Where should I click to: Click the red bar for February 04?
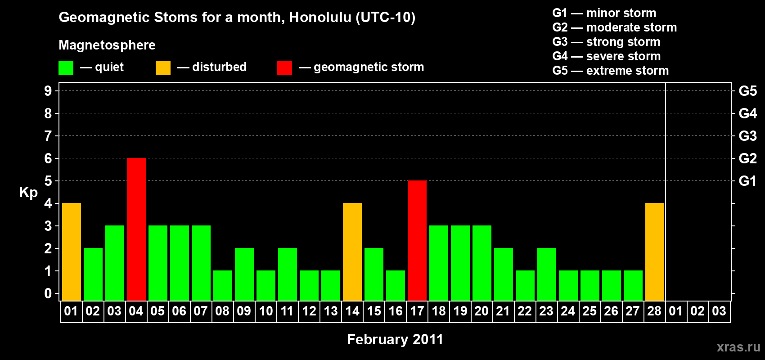click(136, 229)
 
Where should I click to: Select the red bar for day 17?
click(417, 240)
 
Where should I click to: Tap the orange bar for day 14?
click(352, 252)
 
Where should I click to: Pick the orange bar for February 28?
click(655, 252)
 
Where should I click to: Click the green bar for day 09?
click(244, 274)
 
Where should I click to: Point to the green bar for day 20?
click(482, 263)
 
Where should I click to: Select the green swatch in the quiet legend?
click(66, 67)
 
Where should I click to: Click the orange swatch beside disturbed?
click(163, 67)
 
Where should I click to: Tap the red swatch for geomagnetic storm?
click(284, 67)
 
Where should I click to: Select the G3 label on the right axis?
click(747, 136)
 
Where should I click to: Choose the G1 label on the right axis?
click(747, 181)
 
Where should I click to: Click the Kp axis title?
click(28, 193)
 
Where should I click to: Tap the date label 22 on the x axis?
click(525, 311)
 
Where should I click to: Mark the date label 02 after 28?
click(697, 311)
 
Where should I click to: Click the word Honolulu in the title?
click(320, 17)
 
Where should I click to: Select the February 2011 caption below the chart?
click(395, 339)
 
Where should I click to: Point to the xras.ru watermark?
click(738, 347)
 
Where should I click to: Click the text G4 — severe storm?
click(607, 56)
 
